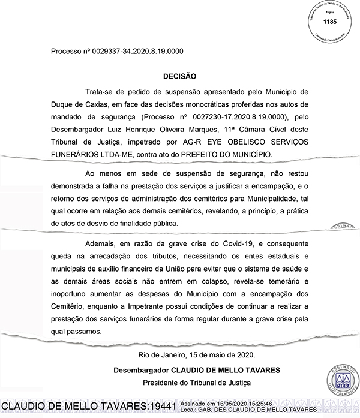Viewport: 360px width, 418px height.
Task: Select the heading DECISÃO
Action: tap(179, 77)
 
